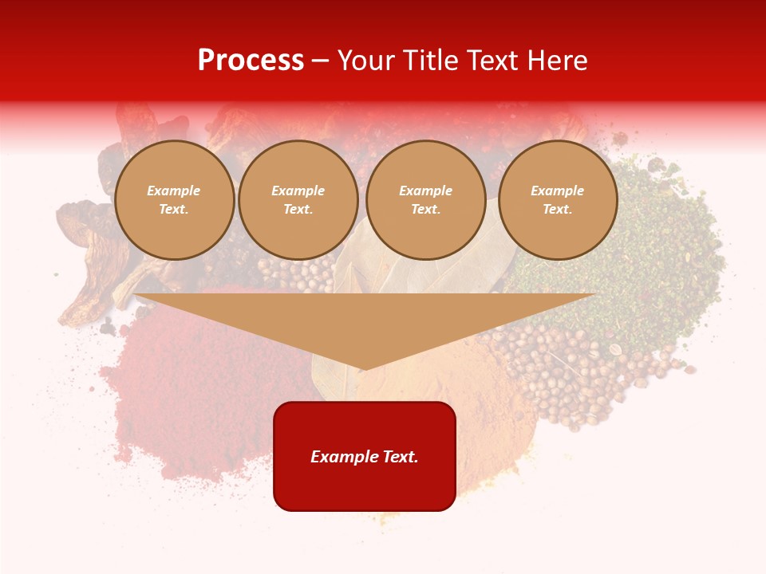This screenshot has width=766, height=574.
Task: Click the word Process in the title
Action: [x=251, y=61]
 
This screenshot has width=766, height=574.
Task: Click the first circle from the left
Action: [x=174, y=200]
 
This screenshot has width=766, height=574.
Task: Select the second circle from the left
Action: [x=298, y=200]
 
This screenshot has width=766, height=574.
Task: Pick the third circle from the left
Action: [x=426, y=200]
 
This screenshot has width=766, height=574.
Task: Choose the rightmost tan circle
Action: [x=558, y=200]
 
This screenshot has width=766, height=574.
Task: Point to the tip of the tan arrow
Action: [x=365, y=369]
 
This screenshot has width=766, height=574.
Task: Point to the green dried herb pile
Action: [x=638, y=255]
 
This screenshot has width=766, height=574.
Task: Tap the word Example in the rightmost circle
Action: [x=558, y=191]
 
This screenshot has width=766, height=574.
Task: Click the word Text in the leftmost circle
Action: [x=174, y=210]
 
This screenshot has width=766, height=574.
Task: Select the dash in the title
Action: [x=320, y=61]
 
